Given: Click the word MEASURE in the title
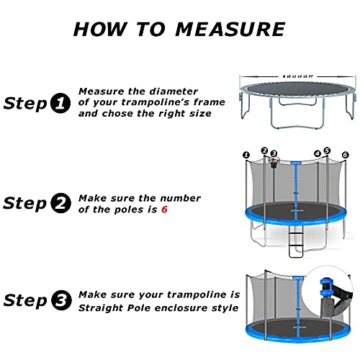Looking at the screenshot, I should tap(224, 29).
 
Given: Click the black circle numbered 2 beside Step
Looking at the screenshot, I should tap(62, 204).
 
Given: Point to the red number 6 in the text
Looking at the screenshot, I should tap(164, 210).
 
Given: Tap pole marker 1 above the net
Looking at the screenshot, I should tap(246, 155).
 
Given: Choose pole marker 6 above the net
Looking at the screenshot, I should tap(345, 155).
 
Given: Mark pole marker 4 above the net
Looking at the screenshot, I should tap(318, 152).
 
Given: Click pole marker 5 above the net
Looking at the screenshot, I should tap(327, 150).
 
